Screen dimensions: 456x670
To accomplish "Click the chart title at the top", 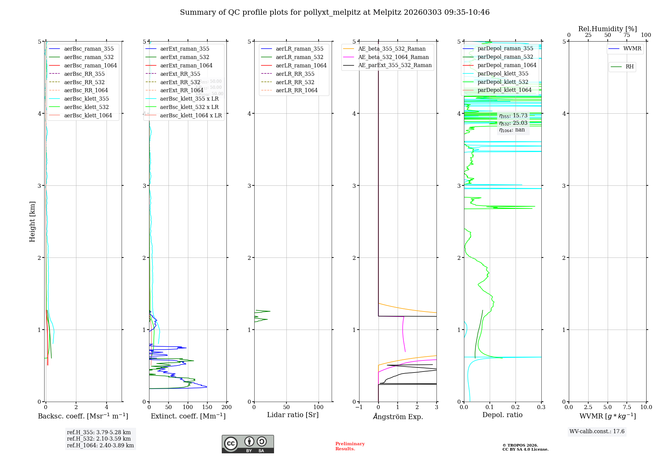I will click(335, 12).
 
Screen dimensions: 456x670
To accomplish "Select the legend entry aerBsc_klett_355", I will click(86, 99).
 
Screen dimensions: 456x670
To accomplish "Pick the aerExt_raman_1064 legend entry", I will click(186, 65).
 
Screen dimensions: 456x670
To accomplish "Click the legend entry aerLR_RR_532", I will click(295, 82).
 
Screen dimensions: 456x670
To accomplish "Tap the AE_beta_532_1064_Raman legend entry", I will click(393, 57).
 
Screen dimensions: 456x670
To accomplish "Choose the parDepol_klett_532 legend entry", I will click(503, 82).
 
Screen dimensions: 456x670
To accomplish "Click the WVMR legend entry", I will click(632, 49).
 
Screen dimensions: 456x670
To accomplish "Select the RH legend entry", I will click(629, 67).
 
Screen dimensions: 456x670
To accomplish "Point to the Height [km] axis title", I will click(32, 222).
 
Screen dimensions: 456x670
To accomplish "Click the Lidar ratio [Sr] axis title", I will click(293, 415).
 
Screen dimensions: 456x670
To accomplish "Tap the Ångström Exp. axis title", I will click(398, 416).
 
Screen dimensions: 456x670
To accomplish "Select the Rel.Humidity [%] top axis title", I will click(607, 29).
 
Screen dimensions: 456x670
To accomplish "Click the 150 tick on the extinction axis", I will click(207, 407).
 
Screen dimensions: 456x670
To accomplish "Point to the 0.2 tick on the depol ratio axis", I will click(516, 407).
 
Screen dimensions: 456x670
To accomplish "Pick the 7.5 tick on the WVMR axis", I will click(627, 407).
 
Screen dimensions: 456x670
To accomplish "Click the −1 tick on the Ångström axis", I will click(359, 407).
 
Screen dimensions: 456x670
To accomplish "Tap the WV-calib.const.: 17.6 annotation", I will click(597, 431).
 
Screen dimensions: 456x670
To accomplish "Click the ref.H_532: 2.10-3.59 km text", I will click(99, 439).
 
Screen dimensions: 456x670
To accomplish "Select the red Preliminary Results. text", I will click(350, 446).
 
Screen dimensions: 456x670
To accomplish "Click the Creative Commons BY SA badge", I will click(248, 444).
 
